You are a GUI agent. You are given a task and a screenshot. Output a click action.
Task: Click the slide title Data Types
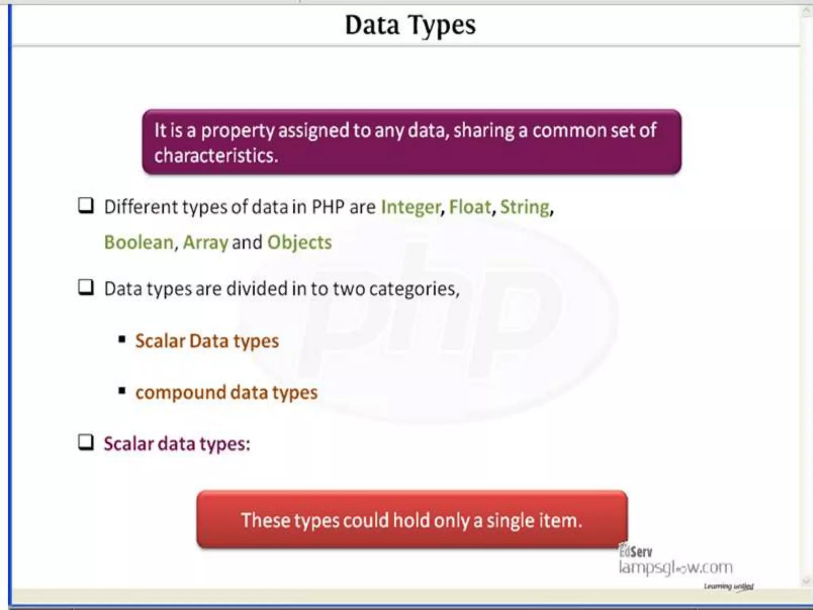pyautogui.click(x=410, y=25)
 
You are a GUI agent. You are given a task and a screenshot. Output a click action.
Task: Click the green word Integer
pyautogui.click(x=410, y=207)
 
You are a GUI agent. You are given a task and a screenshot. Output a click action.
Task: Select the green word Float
pyautogui.click(x=470, y=207)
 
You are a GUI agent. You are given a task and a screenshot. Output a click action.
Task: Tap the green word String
pyautogui.click(x=524, y=207)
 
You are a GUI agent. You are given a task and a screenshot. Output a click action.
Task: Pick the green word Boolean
pyautogui.click(x=139, y=243)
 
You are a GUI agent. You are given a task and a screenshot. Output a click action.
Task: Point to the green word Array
pyautogui.click(x=205, y=243)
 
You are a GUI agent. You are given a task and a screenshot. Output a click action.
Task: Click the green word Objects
pyautogui.click(x=299, y=243)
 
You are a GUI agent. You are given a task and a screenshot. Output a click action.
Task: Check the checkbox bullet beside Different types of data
pyautogui.click(x=86, y=206)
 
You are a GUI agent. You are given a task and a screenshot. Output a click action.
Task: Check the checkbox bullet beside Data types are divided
pyautogui.click(x=86, y=287)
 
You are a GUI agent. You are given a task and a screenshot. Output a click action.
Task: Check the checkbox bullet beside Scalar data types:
pyautogui.click(x=86, y=442)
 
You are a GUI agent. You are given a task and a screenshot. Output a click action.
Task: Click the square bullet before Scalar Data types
pyautogui.click(x=122, y=340)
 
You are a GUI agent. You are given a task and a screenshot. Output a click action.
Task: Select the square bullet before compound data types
pyautogui.click(x=122, y=391)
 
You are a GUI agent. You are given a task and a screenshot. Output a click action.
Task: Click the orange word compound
pyautogui.click(x=181, y=393)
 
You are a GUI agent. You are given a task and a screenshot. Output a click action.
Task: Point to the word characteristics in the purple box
pyautogui.click(x=216, y=155)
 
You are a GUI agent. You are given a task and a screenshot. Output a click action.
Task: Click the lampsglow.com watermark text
pyautogui.click(x=675, y=568)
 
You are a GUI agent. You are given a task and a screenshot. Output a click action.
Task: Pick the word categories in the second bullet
pyautogui.click(x=414, y=289)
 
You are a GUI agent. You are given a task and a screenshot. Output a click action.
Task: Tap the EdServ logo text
pyautogui.click(x=636, y=551)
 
